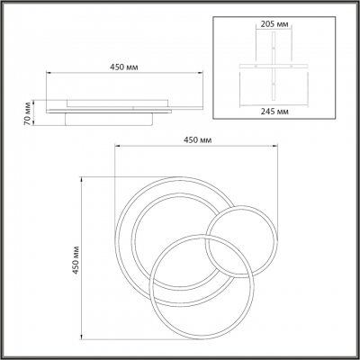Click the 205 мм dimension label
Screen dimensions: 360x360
(x=274, y=24)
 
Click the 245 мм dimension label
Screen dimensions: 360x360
(x=274, y=112)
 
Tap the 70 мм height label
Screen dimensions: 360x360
(x=27, y=113)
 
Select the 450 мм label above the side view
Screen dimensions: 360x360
(x=124, y=67)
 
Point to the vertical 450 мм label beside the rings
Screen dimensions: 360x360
(x=76, y=260)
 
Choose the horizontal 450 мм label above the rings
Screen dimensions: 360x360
(x=197, y=139)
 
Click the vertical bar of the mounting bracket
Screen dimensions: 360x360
(x=274, y=66)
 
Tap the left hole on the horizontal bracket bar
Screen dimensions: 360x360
(x=256, y=66)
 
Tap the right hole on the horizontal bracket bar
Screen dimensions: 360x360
(x=291, y=66)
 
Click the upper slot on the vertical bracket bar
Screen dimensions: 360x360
(x=274, y=49)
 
